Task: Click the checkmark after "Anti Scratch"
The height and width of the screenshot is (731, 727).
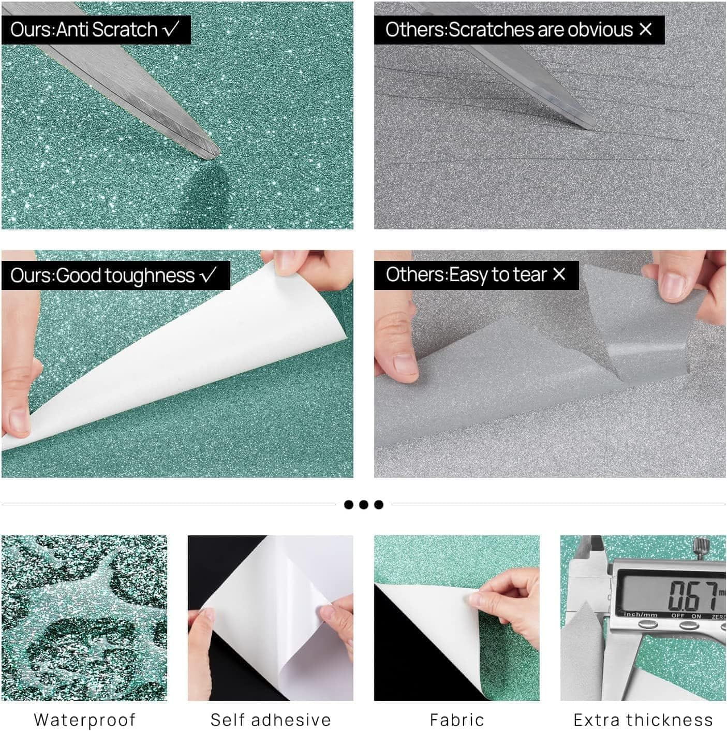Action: (171, 29)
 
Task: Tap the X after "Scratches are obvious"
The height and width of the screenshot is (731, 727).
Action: (645, 29)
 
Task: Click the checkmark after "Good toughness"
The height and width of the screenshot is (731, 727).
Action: (208, 274)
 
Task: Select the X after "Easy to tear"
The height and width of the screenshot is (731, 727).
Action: (559, 274)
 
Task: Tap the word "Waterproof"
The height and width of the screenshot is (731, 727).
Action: (84, 719)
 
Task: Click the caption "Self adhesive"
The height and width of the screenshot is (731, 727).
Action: (271, 719)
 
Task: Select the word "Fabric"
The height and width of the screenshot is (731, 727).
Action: (456, 719)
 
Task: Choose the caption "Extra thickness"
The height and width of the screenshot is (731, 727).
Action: (643, 719)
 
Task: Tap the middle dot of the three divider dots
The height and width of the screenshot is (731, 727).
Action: (363, 505)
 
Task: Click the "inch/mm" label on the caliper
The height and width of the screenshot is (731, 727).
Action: (641, 615)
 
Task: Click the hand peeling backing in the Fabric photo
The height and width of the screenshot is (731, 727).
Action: (508, 603)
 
